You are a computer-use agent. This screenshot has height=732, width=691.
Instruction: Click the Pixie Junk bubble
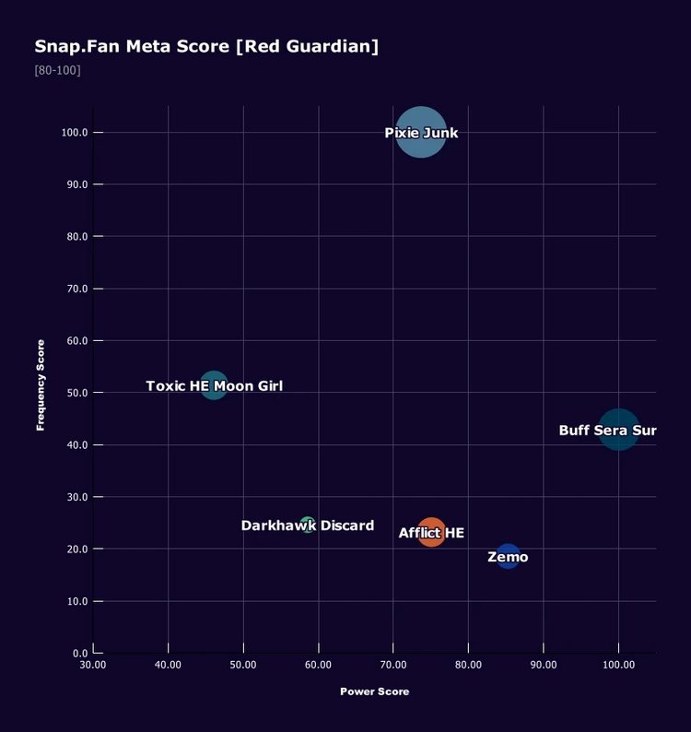pos(421,133)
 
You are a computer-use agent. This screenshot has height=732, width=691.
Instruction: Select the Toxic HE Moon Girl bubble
pos(214,384)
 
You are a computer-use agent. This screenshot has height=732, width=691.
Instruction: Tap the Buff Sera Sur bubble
pos(618,430)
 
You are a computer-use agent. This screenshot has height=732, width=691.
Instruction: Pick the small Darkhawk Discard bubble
pos(308,525)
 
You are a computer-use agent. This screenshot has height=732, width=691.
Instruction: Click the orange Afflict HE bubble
pos(431,532)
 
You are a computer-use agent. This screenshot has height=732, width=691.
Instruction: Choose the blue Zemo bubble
pos(508,556)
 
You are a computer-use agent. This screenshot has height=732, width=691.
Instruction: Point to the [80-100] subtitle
pos(57,70)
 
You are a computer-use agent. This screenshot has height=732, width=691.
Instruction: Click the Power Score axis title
pos(374,691)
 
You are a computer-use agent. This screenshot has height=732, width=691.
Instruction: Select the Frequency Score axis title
pos(41,384)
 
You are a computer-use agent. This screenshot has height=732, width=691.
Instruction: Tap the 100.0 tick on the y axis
pos(75,133)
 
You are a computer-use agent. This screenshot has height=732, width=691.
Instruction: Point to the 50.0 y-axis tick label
pos(76,393)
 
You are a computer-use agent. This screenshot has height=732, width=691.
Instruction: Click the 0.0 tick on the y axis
pos(79,654)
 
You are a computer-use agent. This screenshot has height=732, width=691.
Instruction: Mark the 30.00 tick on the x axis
pos(93,665)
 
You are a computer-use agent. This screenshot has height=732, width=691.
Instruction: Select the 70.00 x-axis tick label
pos(393,665)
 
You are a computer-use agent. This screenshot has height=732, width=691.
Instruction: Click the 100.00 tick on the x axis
pos(618,665)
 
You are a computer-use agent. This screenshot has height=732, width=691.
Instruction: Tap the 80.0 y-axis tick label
pos(76,237)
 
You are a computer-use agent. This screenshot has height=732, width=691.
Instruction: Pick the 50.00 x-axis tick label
pos(243,665)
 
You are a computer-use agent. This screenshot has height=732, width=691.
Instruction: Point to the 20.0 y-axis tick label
pos(76,549)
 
